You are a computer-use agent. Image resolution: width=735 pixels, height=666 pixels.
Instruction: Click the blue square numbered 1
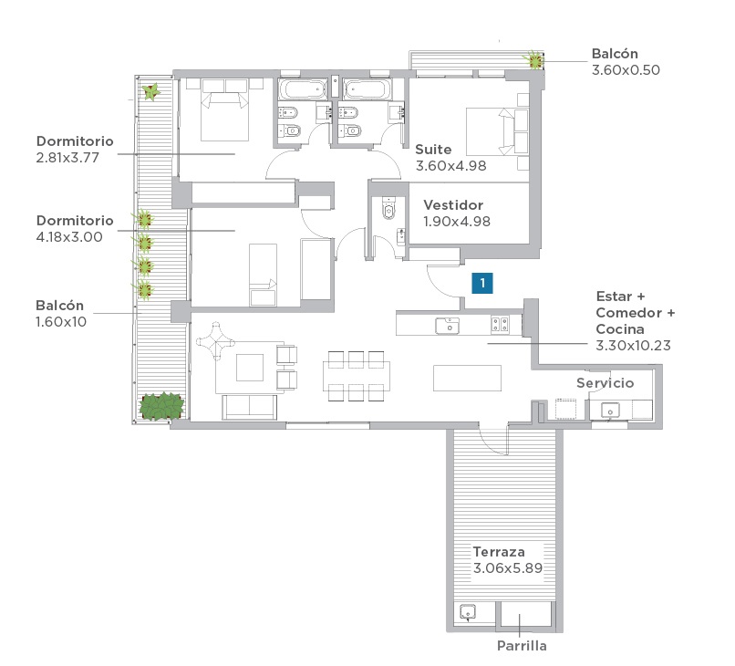coord(482,284)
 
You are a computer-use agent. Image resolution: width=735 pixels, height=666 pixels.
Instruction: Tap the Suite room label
coord(433,150)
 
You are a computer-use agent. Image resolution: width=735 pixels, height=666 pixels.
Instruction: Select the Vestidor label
coord(453,205)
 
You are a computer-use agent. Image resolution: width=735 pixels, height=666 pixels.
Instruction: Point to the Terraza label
coord(499,552)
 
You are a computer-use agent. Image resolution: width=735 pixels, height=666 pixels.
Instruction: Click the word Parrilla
coord(522,646)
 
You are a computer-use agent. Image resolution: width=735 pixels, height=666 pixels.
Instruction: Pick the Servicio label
coord(606,383)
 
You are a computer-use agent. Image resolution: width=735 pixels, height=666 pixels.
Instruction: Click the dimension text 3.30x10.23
coord(633,346)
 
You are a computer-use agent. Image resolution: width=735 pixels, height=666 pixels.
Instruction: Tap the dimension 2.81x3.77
coord(67,158)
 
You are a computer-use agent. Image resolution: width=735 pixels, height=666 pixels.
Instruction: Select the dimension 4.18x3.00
coord(69,237)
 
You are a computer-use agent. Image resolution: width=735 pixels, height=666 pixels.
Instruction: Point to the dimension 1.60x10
coord(61,322)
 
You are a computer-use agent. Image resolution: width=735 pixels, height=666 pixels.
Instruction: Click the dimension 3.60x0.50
coord(626,70)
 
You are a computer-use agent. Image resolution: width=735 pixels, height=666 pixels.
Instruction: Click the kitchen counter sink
coord(447,325)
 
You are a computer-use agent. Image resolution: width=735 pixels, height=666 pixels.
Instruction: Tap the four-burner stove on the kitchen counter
coord(500,325)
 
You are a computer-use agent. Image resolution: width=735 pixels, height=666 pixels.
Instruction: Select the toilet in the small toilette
coord(389,208)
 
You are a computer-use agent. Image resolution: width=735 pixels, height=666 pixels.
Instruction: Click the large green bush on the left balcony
coord(160,406)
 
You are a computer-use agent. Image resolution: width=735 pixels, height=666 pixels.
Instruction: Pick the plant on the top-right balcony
coord(534,60)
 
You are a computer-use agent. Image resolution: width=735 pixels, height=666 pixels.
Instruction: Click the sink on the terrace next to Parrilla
coord(468,612)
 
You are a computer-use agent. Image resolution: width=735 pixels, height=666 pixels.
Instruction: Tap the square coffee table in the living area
coord(250,368)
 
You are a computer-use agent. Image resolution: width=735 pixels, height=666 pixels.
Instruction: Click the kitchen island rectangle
coord(467,378)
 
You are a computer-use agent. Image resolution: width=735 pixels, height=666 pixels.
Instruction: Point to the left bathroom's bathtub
coord(303,89)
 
